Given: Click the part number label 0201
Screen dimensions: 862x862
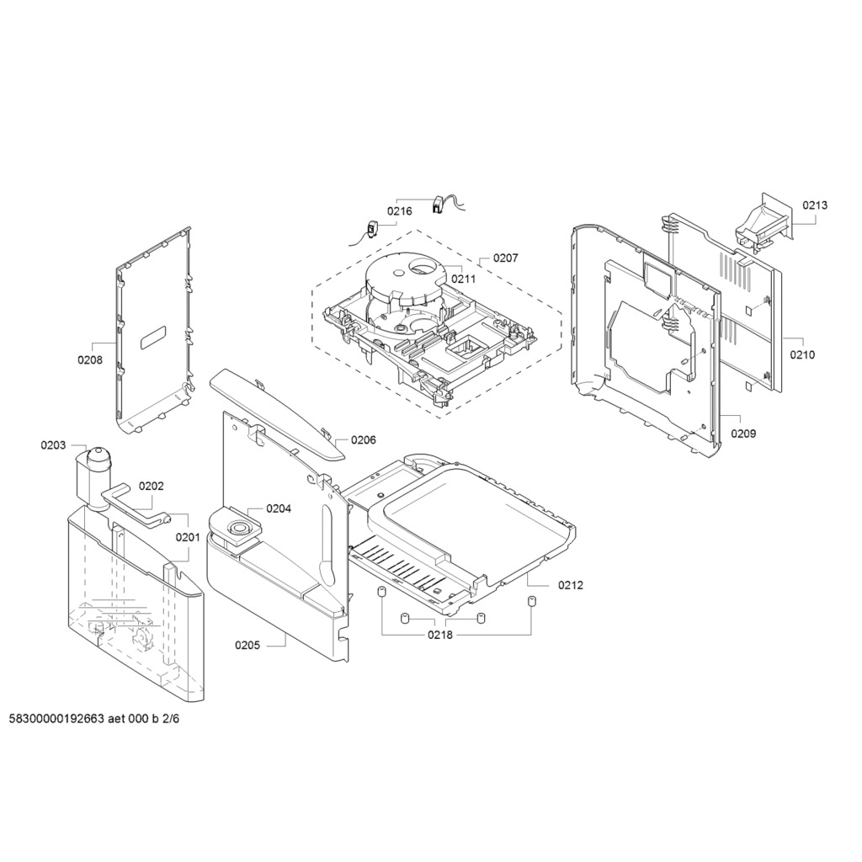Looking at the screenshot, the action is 188,537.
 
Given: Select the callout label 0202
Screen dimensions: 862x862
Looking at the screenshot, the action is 152,486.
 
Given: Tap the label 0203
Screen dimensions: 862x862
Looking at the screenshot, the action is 53,445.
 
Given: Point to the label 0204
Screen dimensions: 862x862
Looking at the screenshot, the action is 279,508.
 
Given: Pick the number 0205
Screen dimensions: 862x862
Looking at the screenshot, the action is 247,646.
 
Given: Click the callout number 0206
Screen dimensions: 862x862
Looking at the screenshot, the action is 364,439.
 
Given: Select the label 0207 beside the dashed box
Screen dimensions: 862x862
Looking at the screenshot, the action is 505,258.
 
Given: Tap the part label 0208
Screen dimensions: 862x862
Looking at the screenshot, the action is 89,360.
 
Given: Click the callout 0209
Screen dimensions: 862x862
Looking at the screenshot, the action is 743,434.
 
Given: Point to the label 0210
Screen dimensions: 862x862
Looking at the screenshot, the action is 802,354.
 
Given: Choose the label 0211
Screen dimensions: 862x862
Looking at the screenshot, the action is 464,279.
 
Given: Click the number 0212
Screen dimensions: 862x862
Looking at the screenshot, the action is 571,586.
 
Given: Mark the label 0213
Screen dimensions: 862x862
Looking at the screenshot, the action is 815,205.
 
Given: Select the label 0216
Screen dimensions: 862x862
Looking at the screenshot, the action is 399,211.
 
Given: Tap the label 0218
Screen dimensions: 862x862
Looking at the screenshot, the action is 440,635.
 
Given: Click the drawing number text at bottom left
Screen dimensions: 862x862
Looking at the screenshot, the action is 94,719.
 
